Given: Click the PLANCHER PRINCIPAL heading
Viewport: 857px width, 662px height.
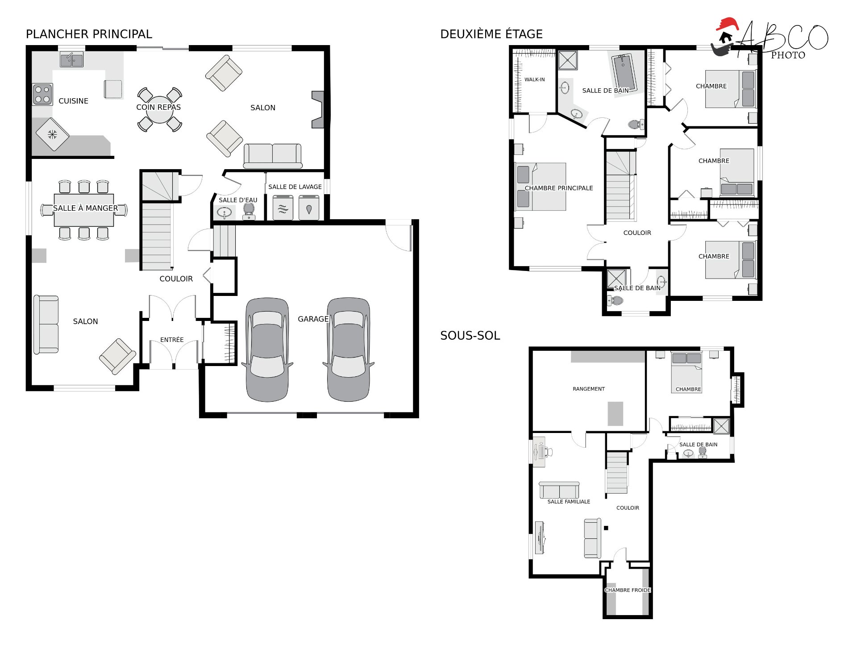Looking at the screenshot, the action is click(x=89, y=34).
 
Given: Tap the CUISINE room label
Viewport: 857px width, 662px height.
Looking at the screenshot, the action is click(x=73, y=101).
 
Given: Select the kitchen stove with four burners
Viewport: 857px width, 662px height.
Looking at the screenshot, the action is click(x=42, y=95).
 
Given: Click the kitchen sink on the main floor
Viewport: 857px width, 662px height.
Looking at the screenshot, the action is click(x=71, y=60).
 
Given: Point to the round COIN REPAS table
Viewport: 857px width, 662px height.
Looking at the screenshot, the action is click(x=159, y=109).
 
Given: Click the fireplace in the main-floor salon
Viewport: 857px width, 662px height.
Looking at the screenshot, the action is click(x=318, y=110).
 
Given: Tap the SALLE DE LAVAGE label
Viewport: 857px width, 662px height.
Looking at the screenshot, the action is click(x=295, y=187).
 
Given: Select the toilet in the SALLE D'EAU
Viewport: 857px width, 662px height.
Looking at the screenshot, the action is click(x=249, y=211).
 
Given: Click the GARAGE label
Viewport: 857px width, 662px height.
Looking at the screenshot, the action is click(x=313, y=319).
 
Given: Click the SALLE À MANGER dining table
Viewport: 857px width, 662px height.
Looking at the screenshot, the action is click(x=84, y=210).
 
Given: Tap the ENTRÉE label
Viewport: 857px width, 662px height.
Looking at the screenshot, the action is click(x=172, y=340).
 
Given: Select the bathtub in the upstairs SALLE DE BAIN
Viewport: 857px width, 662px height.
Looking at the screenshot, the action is click(x=624, y=72).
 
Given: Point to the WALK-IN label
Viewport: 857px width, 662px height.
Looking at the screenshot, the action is click(x=534, y=79).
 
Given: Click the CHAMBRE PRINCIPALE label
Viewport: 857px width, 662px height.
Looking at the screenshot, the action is click(x=559, y=188).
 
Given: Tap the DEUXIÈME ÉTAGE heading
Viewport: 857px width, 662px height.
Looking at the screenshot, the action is click(x=491, y=34).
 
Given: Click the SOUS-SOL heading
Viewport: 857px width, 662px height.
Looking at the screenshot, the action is click(x=470, y=336).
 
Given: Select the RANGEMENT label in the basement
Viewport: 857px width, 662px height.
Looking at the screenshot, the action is click(x=589, y=389).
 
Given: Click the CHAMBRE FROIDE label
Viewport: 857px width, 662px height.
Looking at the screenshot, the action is click(x=628, y=590).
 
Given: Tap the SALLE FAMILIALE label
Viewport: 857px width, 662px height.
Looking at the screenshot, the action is click(x=569, y=502).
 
